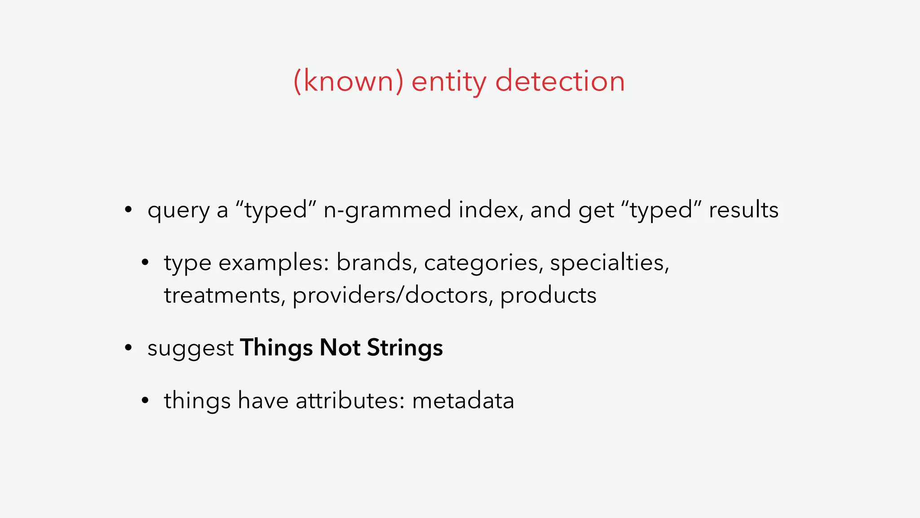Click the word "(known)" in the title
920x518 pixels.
tap(348, 81)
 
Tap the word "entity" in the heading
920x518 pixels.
tap(449, 81)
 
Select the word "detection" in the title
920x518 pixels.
tap(560, 81)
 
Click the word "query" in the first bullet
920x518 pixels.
tap(178, 210)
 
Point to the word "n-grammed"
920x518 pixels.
tap(387, 210)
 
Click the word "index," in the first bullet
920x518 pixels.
tap(491, 210)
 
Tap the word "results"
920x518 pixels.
tap(743, 210)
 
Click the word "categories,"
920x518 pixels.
tap(483, 263)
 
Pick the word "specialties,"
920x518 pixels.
tap(610, 263)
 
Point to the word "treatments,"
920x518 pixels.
tap(225, 295)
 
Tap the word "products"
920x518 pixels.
tap(548, 295)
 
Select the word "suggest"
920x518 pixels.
tap(190, 348)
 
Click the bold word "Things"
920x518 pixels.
tap(276, 348)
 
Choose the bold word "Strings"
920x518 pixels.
tap(405, 348)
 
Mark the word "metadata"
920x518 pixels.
tap(463, 401)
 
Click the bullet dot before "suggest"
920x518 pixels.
tap(128, 348)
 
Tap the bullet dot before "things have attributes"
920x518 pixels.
tap(145, 400)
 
